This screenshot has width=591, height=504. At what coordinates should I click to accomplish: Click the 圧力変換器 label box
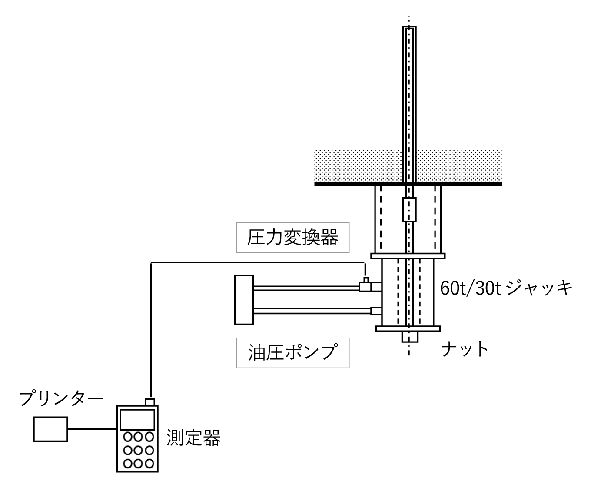pos(292,238)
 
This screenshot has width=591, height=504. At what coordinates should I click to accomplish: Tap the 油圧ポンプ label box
pos(292,353)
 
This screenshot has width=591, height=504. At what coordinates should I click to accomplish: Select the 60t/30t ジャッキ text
pos(506,288)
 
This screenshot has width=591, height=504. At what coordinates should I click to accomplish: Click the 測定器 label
pos(194,438)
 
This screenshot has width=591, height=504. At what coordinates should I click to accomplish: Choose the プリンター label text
pos(61,398)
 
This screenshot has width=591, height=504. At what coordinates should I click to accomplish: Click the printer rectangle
pos(51,429)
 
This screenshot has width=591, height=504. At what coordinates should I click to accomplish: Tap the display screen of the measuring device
pos(137,419)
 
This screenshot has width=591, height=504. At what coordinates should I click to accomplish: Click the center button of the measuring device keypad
pos(137,450)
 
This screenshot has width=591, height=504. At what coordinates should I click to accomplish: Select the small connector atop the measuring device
pos(149,402)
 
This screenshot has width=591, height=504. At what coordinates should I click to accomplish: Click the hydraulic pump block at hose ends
pos(244,300)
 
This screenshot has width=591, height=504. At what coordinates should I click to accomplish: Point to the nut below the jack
pos(409,337)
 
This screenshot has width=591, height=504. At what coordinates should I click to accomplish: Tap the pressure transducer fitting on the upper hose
pos(365,285)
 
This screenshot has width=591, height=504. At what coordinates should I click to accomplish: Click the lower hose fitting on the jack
pos(376,311)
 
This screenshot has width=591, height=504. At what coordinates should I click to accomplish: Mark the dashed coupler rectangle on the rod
pos(409,209)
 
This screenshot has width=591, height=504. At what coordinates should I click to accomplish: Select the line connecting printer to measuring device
pos(92,429)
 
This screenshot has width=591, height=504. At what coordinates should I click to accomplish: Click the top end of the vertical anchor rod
pos(409,29)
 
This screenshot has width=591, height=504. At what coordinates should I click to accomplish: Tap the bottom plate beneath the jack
pos(408,328)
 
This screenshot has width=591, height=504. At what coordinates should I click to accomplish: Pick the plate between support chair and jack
pos(408,256)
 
